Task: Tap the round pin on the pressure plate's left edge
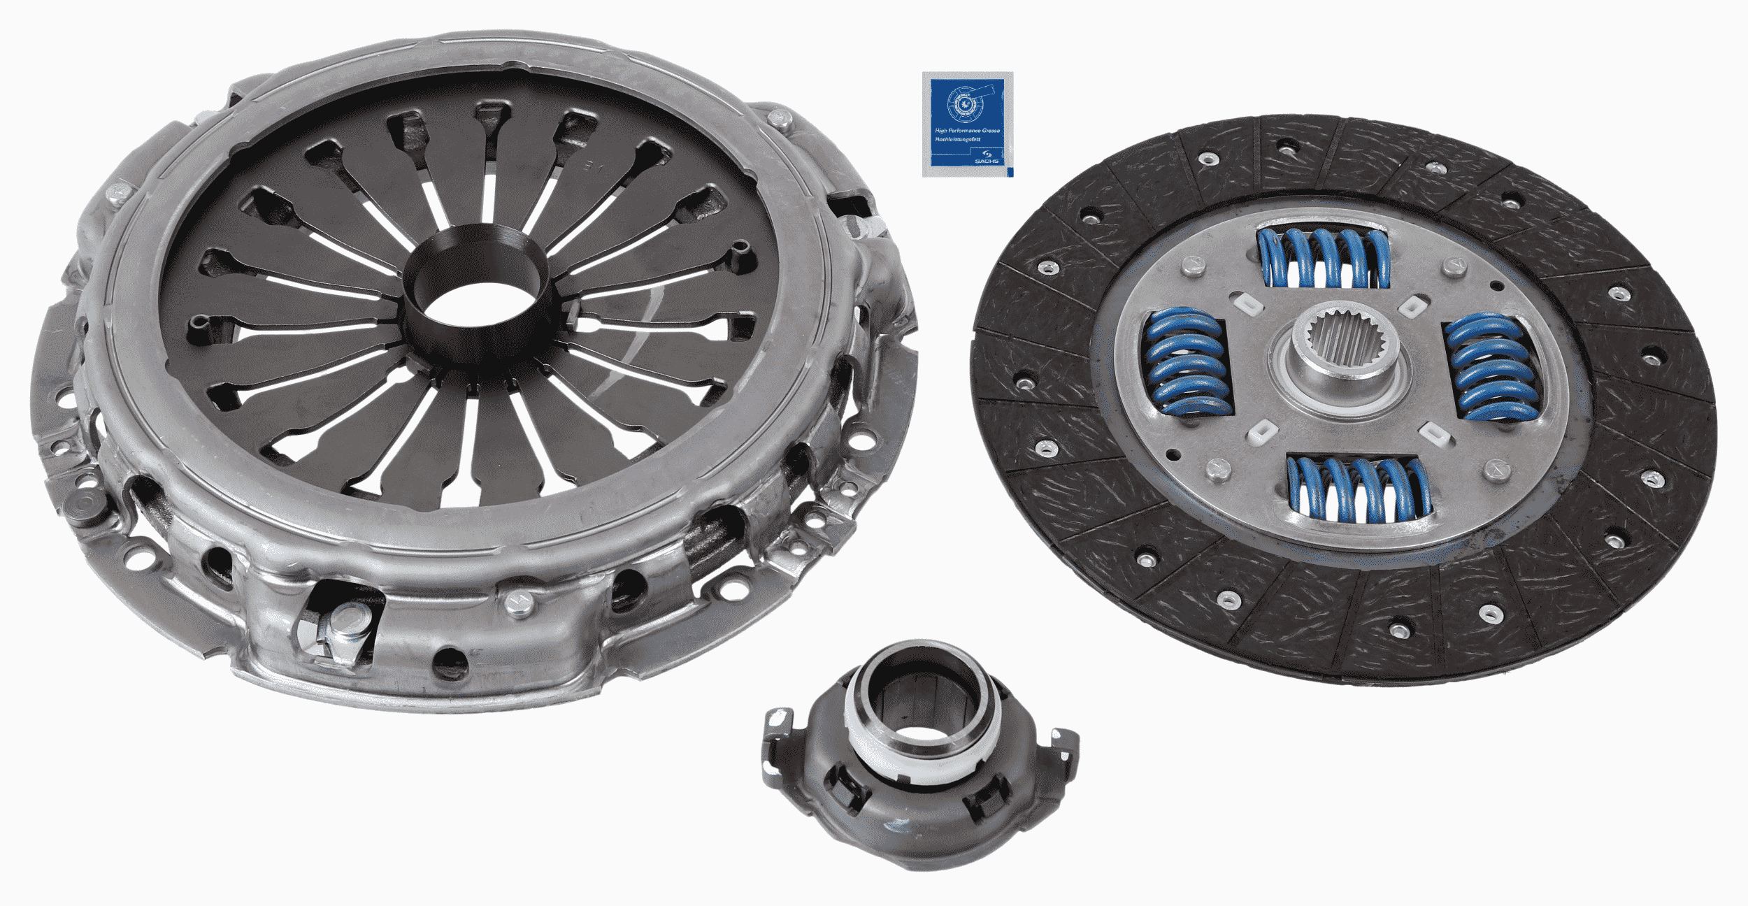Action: click(84, 507)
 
